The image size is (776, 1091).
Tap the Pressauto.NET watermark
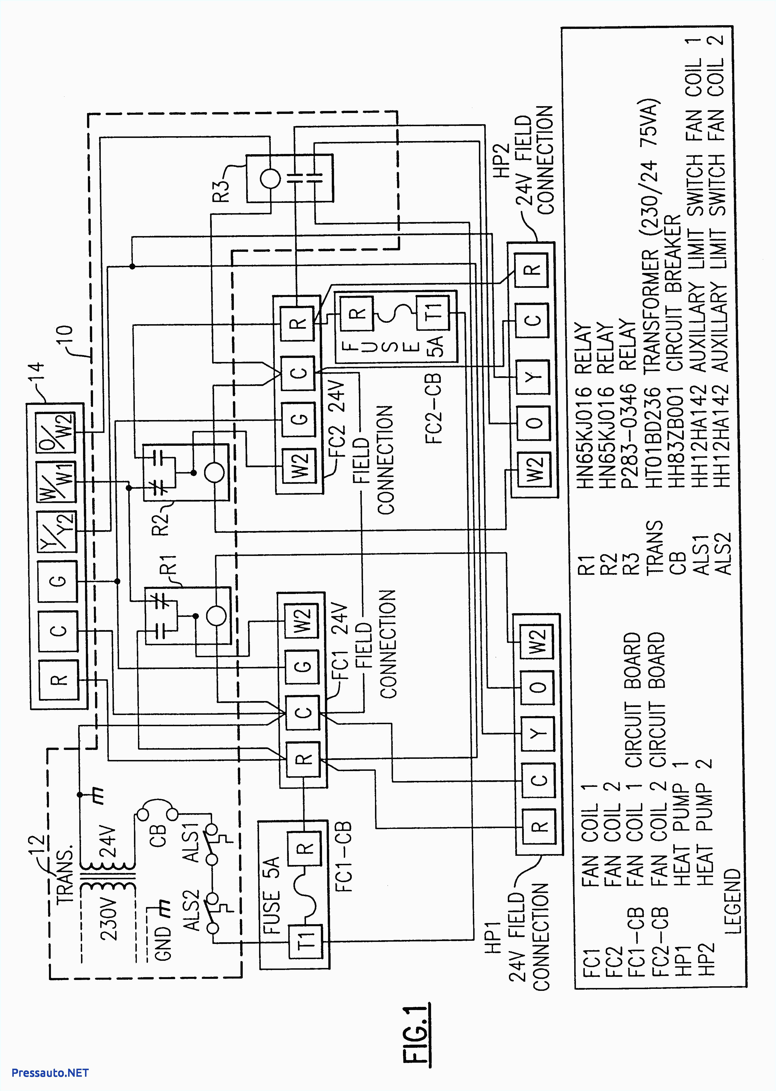(x=50, y=1073)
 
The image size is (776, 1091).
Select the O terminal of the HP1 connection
(x=538, y=687)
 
